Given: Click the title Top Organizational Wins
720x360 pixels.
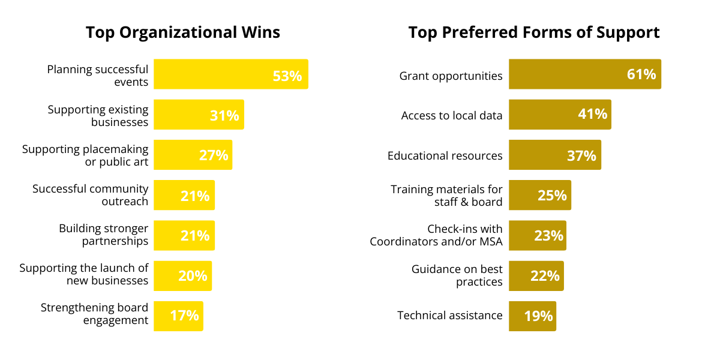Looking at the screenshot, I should pos(183,32).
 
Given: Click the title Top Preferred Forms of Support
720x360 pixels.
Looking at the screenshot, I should pos(534,32).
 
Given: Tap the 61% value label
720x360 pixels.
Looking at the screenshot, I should pos(641,74).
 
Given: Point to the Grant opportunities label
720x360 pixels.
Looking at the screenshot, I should pos(451,76).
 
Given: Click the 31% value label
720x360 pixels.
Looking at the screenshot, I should pos(224,116).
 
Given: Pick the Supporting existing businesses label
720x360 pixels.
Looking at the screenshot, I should pos(98,116).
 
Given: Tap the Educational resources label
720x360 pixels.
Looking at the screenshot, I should pos(445,156).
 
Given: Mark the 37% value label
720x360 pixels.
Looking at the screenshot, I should pos(581,156).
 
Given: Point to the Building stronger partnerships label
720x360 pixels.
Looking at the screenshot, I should pos(104,235).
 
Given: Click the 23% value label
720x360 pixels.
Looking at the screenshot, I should pos(549,236).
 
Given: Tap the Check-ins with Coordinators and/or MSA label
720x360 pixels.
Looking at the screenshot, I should pos(436,235).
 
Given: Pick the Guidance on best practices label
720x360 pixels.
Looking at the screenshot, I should pos(457,275).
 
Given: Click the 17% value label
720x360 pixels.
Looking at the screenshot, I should pos(184,316).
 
